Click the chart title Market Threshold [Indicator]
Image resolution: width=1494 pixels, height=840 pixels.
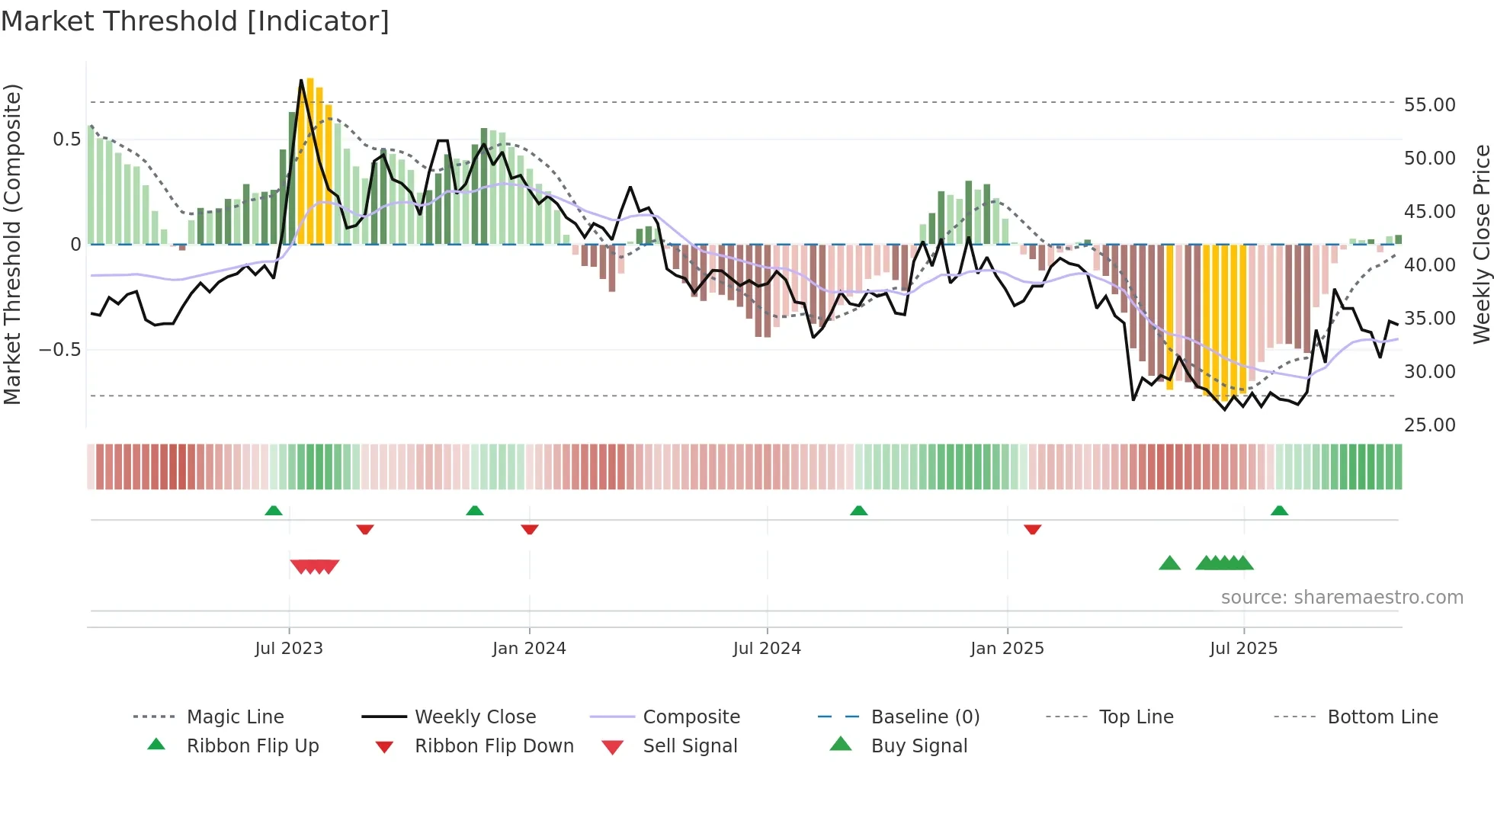point(195,21)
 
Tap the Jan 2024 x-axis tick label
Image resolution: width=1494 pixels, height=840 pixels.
point(529,649)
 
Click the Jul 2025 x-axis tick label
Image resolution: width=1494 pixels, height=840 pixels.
point(1243,649)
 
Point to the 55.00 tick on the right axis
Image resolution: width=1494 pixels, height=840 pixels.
point(1429,105)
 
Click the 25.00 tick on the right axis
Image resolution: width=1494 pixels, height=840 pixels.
point(1429,425)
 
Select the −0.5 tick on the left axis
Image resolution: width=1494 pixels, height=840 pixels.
point(59,350)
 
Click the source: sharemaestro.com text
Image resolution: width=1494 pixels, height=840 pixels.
point(1342,598)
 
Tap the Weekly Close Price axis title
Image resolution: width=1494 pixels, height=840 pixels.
point(1481,244)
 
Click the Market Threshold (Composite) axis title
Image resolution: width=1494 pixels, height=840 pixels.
point(12,244)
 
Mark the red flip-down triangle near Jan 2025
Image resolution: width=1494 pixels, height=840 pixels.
point(1033,529)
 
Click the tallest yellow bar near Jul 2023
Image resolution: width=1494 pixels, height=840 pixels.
point(310,160)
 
